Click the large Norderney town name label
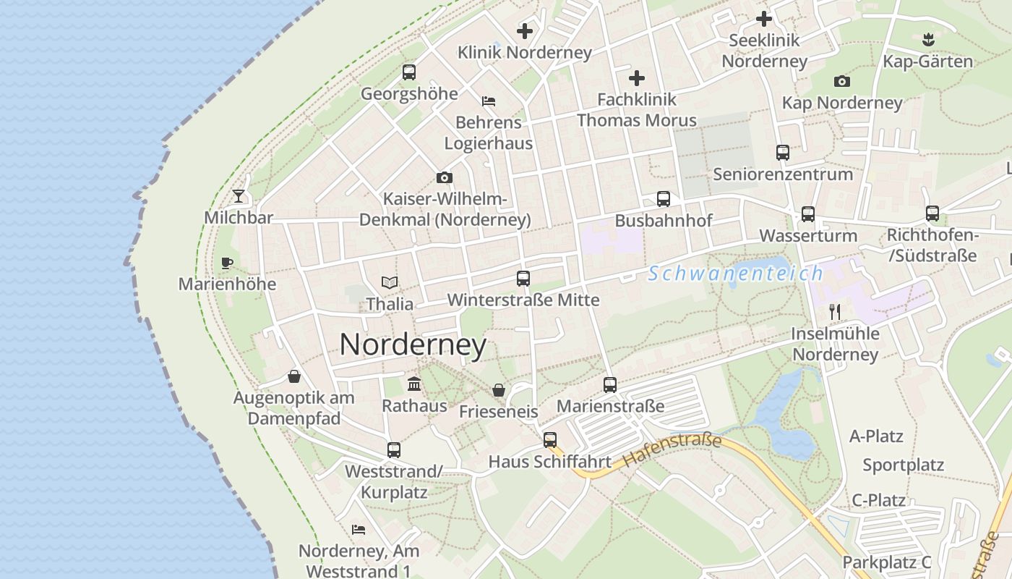pyautogui.click(x=413, y=345)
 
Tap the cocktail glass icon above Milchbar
pyautogui.click(x=239, y=196)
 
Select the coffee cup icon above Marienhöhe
pyautogui.click(x=227, y=263)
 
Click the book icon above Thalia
pyautogui.click(x=390, y=282)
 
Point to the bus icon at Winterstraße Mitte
pyautogui.click(x=523, y=278)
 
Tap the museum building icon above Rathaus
pyautogui.click(x=414, y=384)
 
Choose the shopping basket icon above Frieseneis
pyautogui.click(x=499, y=390)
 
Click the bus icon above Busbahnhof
pyautogui.click(x=664, y=198)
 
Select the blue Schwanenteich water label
pyautogui.click(x=735, y=274)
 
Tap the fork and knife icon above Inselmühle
pyautogui.click(x=835, y=312)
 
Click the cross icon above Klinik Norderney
pyautogui.click(x=525, y=31)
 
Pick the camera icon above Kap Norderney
pyautogui.click(x=842, y=81)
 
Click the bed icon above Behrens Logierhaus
pyautogui.click(x=489, y=101)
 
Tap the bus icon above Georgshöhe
pyautogui.click(x=409, y=72)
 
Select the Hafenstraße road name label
pyautogui.click(x=672, y=449)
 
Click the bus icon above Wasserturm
pyautogui.click(x=808, y=214)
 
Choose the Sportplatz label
pyautogui.click(x=903, y=465)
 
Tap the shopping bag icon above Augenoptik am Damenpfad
pyautogui.click(x=294, y=376)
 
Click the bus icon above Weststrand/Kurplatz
pyautogui.click(x=394, y=450)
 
